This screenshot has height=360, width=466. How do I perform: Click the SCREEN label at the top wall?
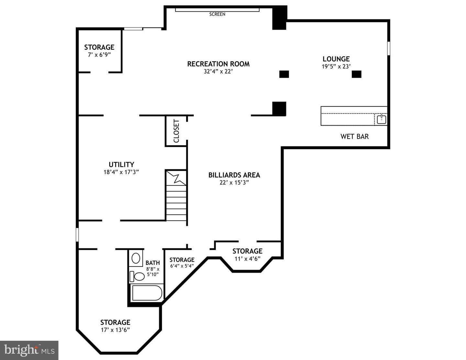[x=217, y=14]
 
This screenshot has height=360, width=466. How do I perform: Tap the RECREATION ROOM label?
[x=218, y=64]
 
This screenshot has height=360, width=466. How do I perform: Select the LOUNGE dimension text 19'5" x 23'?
[x=336, y=66]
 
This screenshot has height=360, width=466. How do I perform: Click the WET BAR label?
[x=354, y=137]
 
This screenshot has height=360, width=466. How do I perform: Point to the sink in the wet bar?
[x=382, y=119]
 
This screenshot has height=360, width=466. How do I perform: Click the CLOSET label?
[x=176, y=131]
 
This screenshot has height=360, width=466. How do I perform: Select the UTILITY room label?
[x=121, y=164]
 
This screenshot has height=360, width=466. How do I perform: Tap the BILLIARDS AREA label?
[x=234, y=175]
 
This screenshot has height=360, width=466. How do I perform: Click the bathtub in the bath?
[x=147, y=293]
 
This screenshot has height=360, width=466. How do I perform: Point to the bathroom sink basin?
[x=136, y=258]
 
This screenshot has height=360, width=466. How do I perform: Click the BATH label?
[x=152, y=263]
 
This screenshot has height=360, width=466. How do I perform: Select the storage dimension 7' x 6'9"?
[x=99, y=55]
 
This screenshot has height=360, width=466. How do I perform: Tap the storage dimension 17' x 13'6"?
[x=115, y=330]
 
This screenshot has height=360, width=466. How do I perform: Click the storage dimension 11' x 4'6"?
[x=247, y=259]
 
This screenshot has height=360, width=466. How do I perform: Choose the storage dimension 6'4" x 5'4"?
[x=182, y=266]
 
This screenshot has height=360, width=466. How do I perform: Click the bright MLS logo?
[x=29, y=350]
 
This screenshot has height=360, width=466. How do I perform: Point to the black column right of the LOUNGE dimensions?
[x=356, y=74]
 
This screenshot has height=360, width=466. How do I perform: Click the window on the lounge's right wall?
[x=389, y=48]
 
